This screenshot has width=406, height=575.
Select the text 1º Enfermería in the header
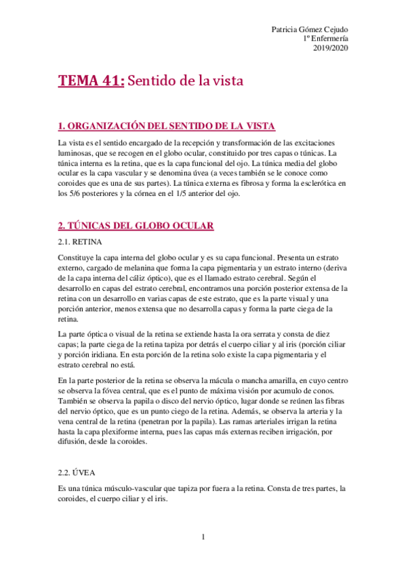[x=327, y=39]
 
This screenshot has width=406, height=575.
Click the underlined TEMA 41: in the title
[x=92, y=81]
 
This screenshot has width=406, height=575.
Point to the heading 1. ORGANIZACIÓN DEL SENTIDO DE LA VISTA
[x=157, y=125]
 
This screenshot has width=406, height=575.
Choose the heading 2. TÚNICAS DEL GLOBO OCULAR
[x=136, y=226]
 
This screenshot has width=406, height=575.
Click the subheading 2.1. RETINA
[x=79, y=241]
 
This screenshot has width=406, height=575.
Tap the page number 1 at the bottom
[x=203, y=537]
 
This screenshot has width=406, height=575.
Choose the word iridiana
[x=104, y=354]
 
